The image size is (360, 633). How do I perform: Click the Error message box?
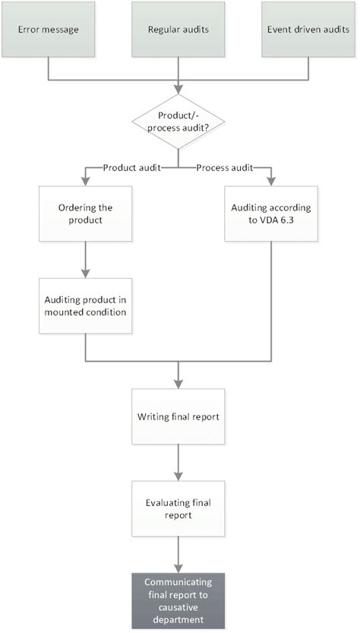coord(48,31)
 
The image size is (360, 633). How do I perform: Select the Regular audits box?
coord(178,31)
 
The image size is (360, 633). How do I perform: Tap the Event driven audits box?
coord(308,31)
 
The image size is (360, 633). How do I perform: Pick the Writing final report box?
coord(178,417)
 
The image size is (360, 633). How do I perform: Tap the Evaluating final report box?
coord(178,508)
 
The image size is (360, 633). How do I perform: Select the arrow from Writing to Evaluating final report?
coord(178,462)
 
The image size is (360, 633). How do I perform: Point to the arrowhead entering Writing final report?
coord(178,385)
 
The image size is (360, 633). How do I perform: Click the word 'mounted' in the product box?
coord(63,312)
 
